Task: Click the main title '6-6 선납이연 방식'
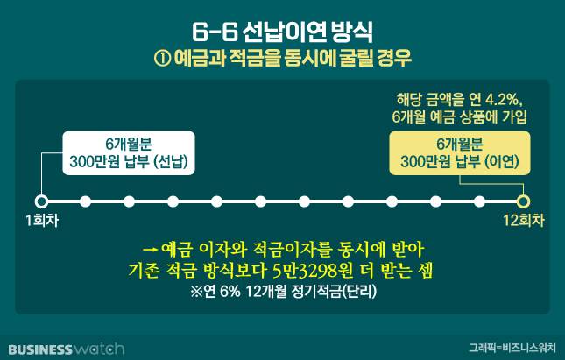click(x=282, y=32)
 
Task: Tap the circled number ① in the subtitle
click(x=162, y=59)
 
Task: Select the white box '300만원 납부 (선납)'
click(x=129, y=153)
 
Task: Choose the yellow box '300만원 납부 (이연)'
click(x=460, y=153)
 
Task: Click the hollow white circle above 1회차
click(x=41, y=201)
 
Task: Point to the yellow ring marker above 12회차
click(x=523, y=201)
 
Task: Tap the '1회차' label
click(x=42, y=221)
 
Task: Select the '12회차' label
click(x=524, y=221)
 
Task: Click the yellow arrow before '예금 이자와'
click(x=151, y=250)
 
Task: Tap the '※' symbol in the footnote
click(x=197, y=292)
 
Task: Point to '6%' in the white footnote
click(x=230, y=292)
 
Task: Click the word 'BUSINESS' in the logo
click(x=40, y=349)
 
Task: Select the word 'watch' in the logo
click(x=98, y=349)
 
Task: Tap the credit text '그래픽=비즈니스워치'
click(x=512, y=348)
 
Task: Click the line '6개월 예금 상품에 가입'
click(x=459, y=117)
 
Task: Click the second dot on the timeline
click(x=85, y=201)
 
